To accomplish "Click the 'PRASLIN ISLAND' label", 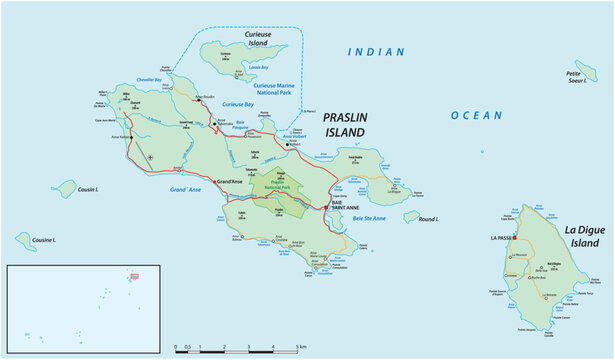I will [x=344, y=125].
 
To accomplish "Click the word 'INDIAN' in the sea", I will [x=376, y=52].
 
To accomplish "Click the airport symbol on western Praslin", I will [x=150, y=157].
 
